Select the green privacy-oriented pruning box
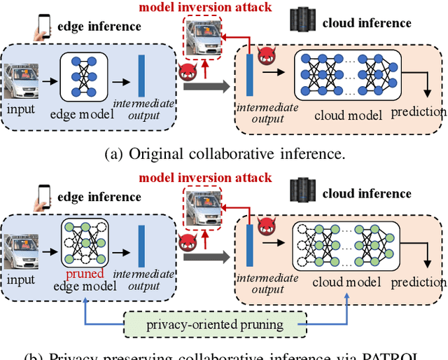point(214,324)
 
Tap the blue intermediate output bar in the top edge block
point(141,75)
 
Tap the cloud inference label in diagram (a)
point(367,23)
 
